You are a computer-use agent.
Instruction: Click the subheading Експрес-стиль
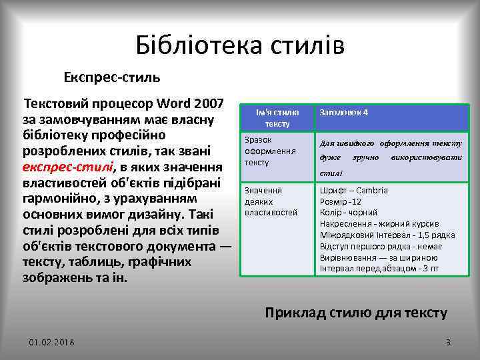click(112, 77)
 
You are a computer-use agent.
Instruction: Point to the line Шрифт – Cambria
click(354, 190)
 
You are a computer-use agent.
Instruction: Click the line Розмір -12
click(341, 201)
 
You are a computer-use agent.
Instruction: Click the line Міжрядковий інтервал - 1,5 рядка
click(387, 235)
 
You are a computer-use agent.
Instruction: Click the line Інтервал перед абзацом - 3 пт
click(379, 269)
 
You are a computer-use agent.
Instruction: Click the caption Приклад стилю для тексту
click(356, 312)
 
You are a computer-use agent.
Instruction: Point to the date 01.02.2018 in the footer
click(51, 342)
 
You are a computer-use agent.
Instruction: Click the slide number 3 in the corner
click(448, 342)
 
